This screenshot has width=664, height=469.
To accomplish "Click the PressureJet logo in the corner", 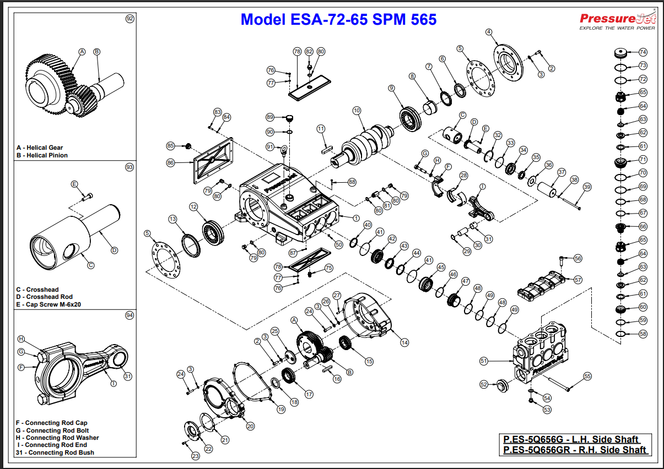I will coord(618,19).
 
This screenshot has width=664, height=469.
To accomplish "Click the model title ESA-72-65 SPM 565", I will coord(338,20).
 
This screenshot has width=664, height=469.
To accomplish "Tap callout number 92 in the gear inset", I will coord(130,19).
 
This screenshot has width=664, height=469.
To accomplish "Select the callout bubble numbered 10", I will coord(357,111).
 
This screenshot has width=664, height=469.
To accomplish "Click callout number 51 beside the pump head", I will coord(484,361).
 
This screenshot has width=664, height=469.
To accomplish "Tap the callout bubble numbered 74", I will coord(643,52).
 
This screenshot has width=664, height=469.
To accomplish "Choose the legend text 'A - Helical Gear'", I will coord(40,148).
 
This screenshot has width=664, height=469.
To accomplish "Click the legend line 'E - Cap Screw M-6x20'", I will coord(48,304).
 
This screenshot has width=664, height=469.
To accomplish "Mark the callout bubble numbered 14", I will coord(404,342).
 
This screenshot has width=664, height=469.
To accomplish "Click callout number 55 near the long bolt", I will coord(587,376).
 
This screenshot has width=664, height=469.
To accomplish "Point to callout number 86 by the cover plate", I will coord(170,163).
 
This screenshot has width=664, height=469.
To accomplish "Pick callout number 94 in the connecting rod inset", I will coord(129,315).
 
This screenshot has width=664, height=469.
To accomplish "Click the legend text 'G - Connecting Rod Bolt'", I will coord(52,430).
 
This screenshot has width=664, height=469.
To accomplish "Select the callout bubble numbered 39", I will coord(587,187).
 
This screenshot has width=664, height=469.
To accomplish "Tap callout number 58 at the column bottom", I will coord(643,334).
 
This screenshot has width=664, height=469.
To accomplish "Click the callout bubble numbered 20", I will coord(250,426).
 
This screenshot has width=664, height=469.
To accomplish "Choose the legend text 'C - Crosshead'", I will coord(37,290).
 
